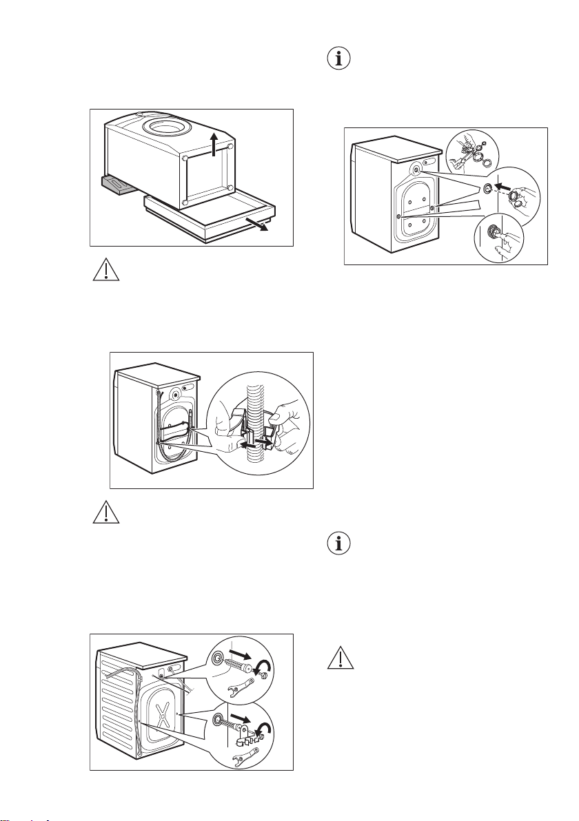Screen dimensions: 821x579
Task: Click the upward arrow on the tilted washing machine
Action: pos(215,144)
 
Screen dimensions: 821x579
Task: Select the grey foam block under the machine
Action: pos(119,185)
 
